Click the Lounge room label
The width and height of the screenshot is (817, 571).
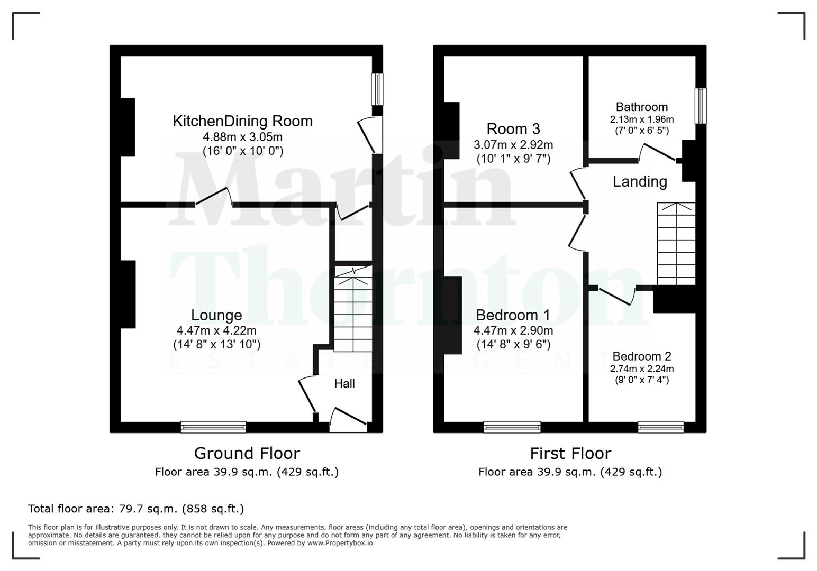click(x=216, y=315)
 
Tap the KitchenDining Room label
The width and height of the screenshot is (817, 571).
click(x=242, y=121)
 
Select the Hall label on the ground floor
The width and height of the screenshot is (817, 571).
click(x=344, y=384)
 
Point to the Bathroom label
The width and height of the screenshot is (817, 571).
click(x=641, y=107)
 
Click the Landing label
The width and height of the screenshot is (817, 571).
click(x=639, y=182)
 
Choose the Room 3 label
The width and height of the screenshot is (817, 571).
click(x=513, y=129)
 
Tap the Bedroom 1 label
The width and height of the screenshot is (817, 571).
click(x=513, y=315)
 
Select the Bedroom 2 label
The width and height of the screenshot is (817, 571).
click(x=641, y=356)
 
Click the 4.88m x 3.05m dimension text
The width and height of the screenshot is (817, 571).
click(x=242, y=137)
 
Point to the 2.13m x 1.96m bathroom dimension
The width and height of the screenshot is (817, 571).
click(x=641, y=119)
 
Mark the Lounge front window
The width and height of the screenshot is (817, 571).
click(x=213, y=427)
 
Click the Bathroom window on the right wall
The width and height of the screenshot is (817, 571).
click(x=700, y=106)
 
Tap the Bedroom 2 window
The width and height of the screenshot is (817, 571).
click(x=660, y=427)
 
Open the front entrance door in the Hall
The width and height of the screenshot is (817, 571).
click(x=348, y=418)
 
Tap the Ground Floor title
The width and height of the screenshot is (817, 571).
click(x=247, y=454)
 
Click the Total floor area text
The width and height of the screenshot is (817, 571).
click(x=136, y=509)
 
